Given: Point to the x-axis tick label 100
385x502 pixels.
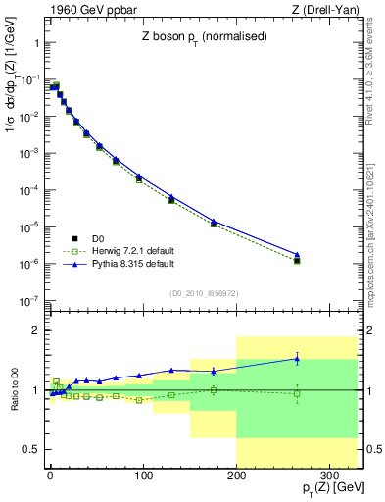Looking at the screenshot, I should (143, 474).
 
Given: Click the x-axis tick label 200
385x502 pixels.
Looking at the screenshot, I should (236, 474).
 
